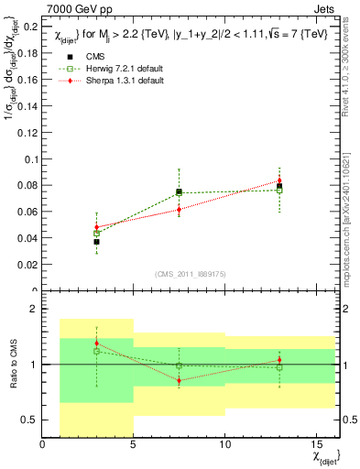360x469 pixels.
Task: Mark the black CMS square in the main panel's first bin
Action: (96, 242)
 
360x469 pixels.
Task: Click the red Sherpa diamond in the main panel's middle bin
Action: (180, 209)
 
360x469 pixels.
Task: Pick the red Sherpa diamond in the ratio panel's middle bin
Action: (180, 380)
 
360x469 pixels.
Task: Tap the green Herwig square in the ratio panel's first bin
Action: (96, 351)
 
